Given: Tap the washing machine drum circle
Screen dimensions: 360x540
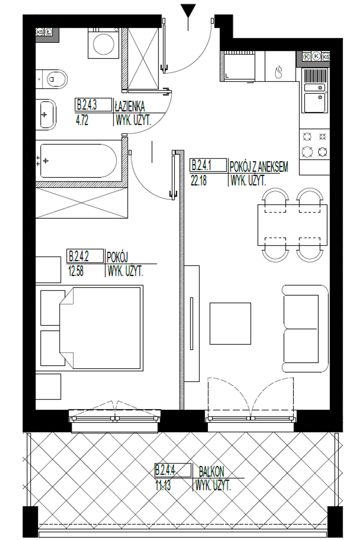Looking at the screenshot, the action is pyautogui.click(x=103, y=45).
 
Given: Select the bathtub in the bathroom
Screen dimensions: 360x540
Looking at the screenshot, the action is pyautogui.click(x=78, y=161).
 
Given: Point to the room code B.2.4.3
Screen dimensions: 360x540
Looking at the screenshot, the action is pyautogui.click(x=87, y=105).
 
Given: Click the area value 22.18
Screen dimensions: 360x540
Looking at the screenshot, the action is pyautogui.click(x=199, y=180).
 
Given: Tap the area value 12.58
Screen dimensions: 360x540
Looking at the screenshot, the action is pyautogui.click(x=76, y=271).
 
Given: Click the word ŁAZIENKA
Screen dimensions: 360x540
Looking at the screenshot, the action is pyautogui.click(x=130, y=106).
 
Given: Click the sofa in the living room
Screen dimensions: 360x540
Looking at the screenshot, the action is pyautogui.click(x=305, y=328).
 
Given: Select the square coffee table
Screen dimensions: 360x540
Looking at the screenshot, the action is pyautogui.click(x=230, y=324).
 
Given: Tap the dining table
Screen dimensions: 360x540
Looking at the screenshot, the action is pyautogui.click(x=292, y=225).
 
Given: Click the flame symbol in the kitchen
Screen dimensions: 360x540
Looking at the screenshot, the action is pyautogui.click(x=279, y=72).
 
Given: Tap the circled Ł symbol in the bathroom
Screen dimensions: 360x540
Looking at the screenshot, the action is pyautogui.click(x=49, y=32).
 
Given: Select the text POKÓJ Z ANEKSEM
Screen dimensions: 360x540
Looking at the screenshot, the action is pyautogui.click(x=259, y=167).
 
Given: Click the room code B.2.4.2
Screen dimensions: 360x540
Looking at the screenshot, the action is pyautogui.click(x=79, y=256).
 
